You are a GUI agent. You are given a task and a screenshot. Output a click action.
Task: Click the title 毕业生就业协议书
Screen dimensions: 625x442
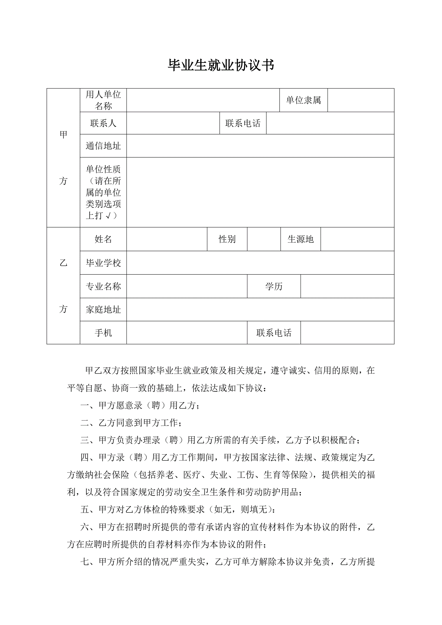[x=221, y=65]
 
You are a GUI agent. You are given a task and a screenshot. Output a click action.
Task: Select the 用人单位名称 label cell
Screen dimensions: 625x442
[x=103, y=100]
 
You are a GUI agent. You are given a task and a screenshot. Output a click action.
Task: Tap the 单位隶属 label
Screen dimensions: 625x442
[x=304, y=100]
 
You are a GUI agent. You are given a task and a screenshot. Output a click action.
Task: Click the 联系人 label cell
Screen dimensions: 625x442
[x=103, y=123]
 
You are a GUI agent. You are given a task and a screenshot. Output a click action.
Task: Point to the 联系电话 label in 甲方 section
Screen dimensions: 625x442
[x=243, y=123]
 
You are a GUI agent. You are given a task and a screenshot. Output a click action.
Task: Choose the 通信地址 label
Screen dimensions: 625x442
[x=103, y=146]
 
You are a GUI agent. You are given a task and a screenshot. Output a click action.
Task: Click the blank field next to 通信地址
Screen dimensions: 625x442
[x=260, y=146]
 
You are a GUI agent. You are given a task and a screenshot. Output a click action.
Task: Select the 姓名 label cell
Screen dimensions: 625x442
[x=103, y=239]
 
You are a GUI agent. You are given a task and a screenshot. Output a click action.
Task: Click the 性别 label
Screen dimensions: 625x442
[x=227, y=239]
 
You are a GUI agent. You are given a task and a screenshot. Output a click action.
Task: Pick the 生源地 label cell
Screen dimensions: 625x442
[x=300, y=239]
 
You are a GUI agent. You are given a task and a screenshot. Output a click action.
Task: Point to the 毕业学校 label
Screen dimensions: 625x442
[x=103, y=263]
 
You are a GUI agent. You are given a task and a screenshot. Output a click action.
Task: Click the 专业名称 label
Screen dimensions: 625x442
[x=103, y=286]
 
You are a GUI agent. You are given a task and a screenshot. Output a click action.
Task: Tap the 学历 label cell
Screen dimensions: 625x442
[x=274, y=286]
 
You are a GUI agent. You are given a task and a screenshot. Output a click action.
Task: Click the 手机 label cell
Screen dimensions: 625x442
[x=103, y=333]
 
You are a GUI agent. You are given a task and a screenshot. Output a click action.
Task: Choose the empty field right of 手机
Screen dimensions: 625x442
[x=187, y=333]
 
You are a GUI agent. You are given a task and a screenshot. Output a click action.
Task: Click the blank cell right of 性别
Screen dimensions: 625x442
[x=264, y=239]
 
